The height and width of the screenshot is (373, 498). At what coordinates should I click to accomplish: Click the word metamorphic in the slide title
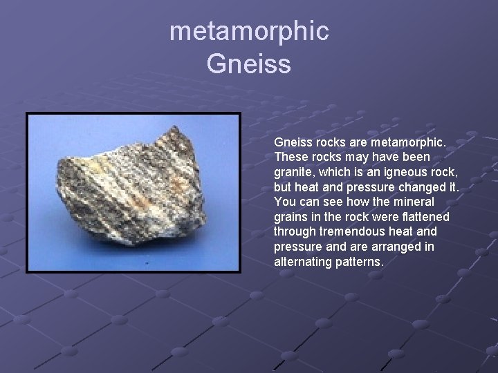249,31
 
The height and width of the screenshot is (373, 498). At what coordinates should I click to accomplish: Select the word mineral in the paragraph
415,202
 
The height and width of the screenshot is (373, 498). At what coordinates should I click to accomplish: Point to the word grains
291,217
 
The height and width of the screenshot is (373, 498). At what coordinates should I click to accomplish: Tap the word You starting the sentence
285,202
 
